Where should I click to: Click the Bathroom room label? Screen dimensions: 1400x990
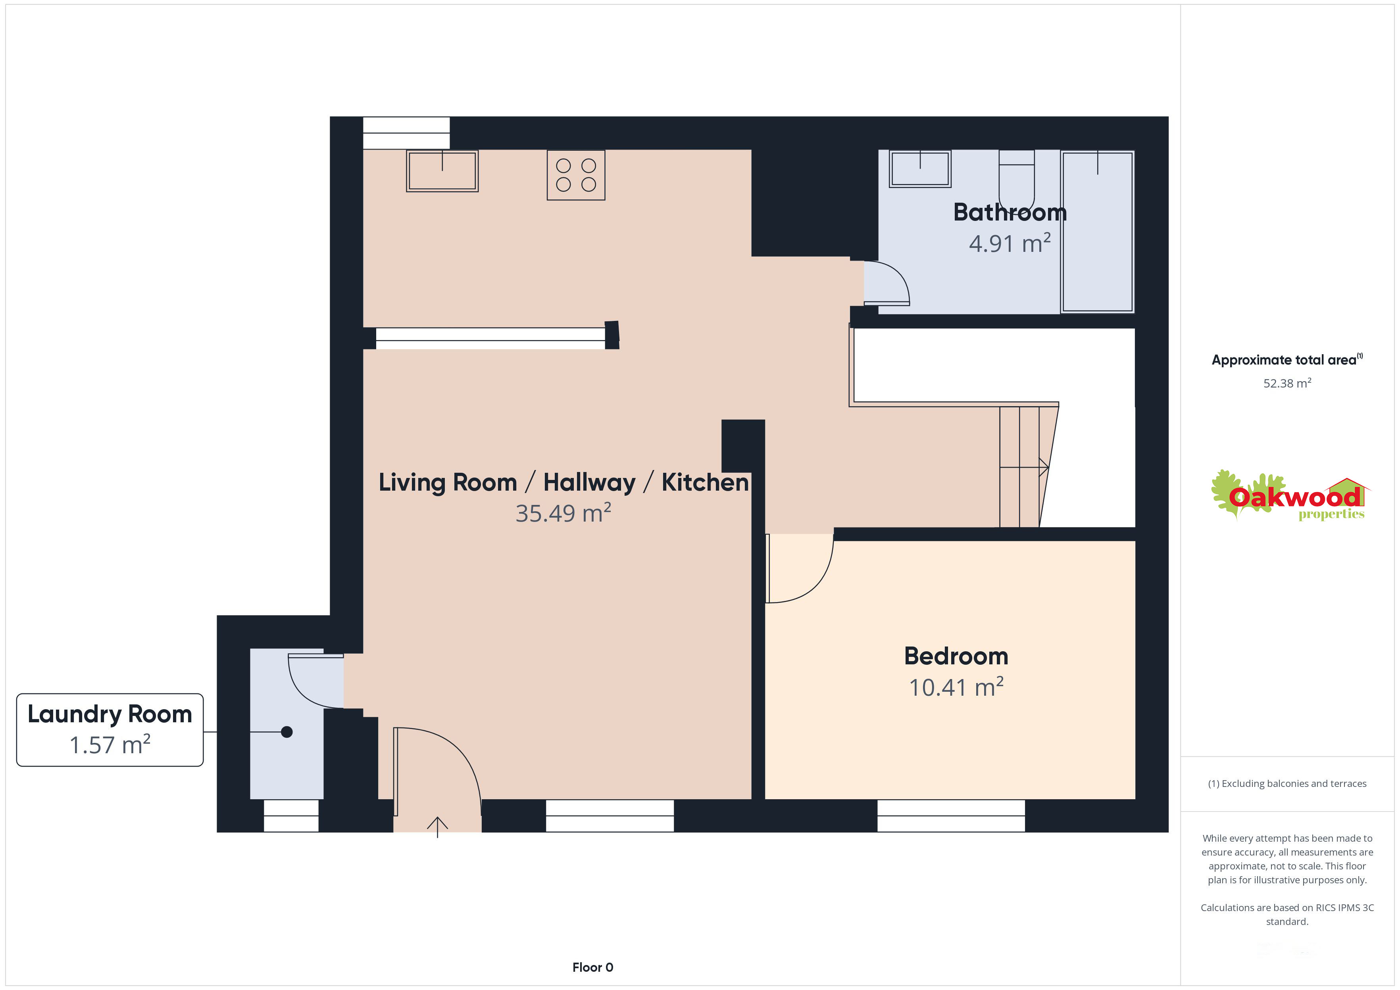(1010, 212)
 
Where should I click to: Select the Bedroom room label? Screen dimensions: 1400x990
(956, 656)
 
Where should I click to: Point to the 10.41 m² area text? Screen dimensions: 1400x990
(956, 687)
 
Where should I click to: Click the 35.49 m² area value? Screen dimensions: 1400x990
(563, 513)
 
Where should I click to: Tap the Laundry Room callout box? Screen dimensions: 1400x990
(110, 730)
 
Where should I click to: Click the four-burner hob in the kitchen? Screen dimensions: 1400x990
(576, 175)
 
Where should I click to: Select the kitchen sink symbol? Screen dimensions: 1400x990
(442, 171)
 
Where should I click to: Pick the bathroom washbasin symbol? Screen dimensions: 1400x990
(920, 168)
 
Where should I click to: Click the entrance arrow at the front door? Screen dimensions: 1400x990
(437, 827)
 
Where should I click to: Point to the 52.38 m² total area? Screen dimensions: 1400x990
(1287, 383)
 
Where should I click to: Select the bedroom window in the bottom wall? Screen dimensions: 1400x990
(951, 815)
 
